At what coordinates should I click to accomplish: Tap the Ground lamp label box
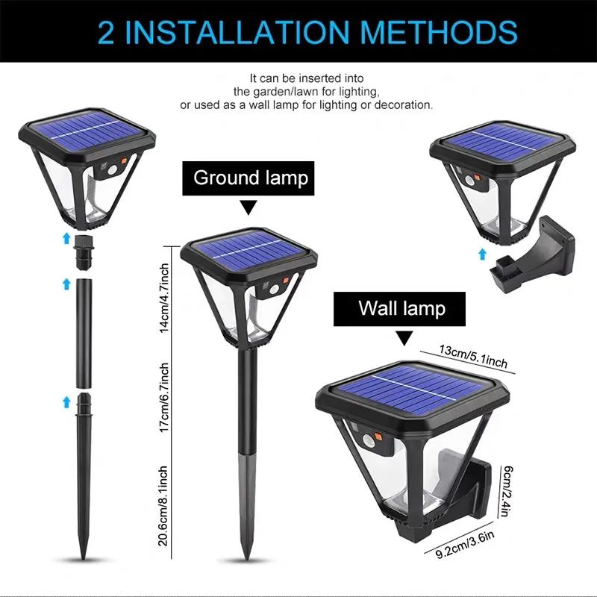(x=251, y=178)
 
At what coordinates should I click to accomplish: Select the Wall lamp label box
(x=401, y=308)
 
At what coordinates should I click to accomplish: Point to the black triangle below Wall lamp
(x=404, y=339)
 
